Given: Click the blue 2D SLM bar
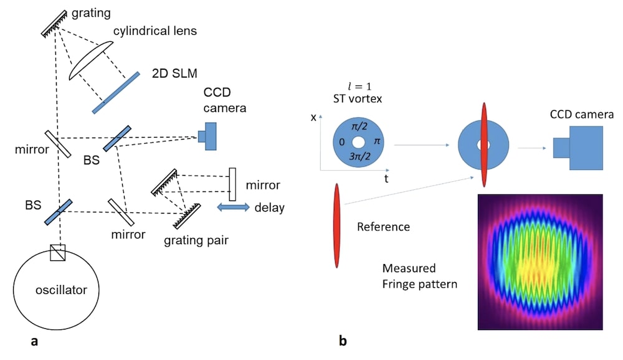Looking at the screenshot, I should (117, 93).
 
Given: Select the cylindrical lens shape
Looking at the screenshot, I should (91, 61).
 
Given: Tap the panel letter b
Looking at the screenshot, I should (342, 341).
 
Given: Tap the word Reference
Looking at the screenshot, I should (383, 227).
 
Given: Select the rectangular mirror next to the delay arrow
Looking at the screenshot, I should (232, 184).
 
